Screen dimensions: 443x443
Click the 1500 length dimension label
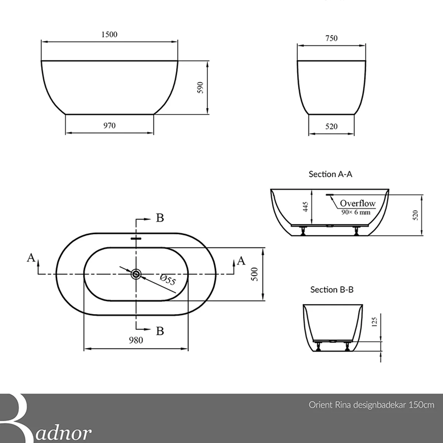109,34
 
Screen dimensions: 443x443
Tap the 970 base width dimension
109,126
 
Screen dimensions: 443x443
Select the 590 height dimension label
200,87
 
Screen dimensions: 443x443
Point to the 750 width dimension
331,38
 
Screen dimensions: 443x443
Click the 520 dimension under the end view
331,127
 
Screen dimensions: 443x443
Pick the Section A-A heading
330,174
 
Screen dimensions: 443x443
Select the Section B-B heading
332,289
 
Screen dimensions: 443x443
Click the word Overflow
357,203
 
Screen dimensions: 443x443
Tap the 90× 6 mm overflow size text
356,212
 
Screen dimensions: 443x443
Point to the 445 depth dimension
305,207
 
